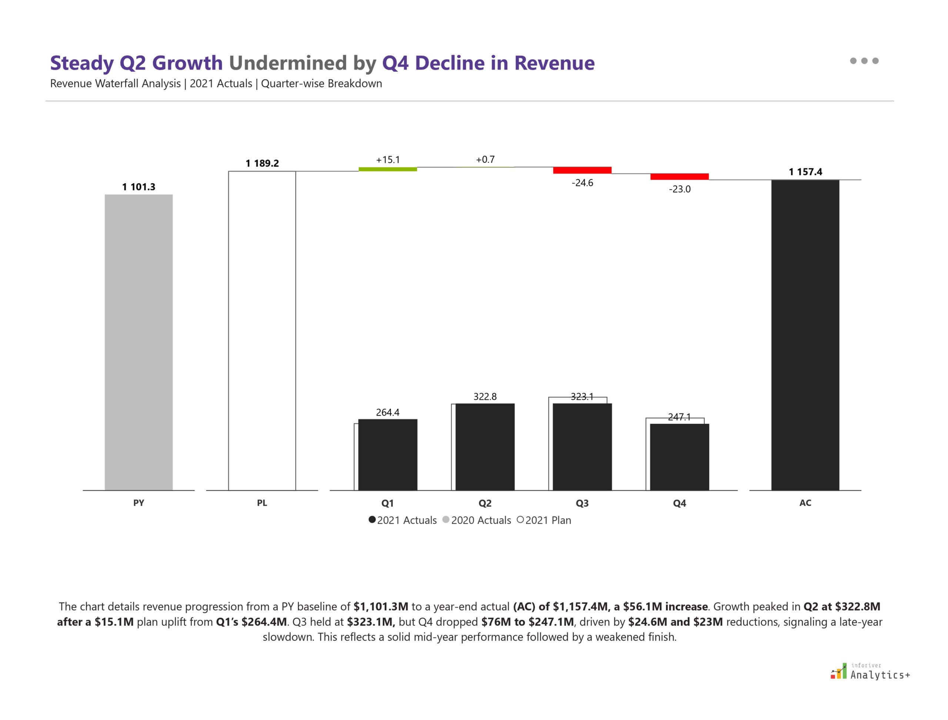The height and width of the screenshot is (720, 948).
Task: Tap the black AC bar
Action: [805, 335]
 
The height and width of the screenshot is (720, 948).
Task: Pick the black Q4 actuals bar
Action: [679, 457]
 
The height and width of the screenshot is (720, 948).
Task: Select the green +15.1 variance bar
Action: [388, 169]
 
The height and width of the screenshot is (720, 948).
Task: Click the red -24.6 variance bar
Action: [582, 170]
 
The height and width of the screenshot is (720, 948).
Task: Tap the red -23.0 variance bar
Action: [679, 177]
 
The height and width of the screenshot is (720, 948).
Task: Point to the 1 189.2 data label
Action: [262, 163]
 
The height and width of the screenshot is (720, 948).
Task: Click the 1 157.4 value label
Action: [805, 172]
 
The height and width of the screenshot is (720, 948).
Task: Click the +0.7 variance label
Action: [485, 160]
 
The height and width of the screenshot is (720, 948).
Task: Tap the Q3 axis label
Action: [582, 503]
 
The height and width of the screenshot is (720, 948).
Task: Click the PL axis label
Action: [261, 503]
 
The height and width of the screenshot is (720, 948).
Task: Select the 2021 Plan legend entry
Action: [544, 520]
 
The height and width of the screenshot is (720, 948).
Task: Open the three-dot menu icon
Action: [864, 61]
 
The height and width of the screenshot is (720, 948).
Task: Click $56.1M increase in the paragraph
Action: [665, 606]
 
